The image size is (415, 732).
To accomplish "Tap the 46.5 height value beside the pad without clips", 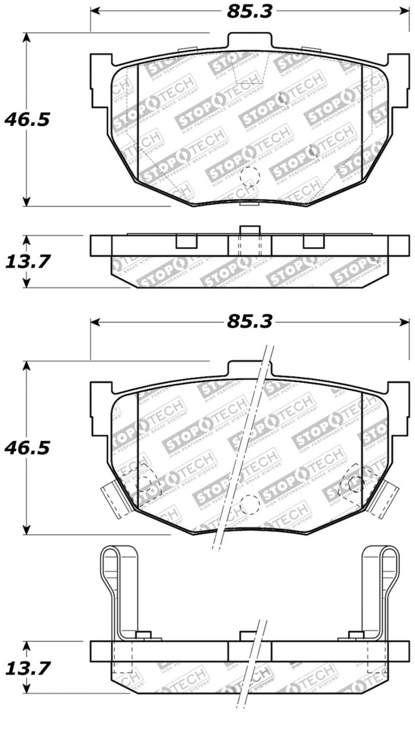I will (x=27, y=120).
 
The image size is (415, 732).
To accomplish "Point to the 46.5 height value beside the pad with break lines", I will (x=27, y=447).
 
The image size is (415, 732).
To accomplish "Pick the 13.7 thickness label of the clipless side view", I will (x=27, y=261).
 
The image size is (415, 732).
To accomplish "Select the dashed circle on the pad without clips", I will (x=250, y=175).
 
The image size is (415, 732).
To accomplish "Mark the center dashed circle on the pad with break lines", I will (x=250, y=504).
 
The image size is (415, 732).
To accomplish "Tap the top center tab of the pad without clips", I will (x=249, y=41).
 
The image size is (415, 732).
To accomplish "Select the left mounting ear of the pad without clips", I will (x=100, y=72).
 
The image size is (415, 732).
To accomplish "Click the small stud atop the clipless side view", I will (x=249, y=230).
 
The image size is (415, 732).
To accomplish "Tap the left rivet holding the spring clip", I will (x=144, y=635).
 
